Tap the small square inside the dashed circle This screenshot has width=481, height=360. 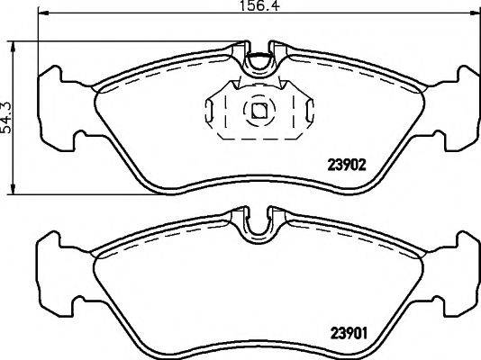click(259, 112)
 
